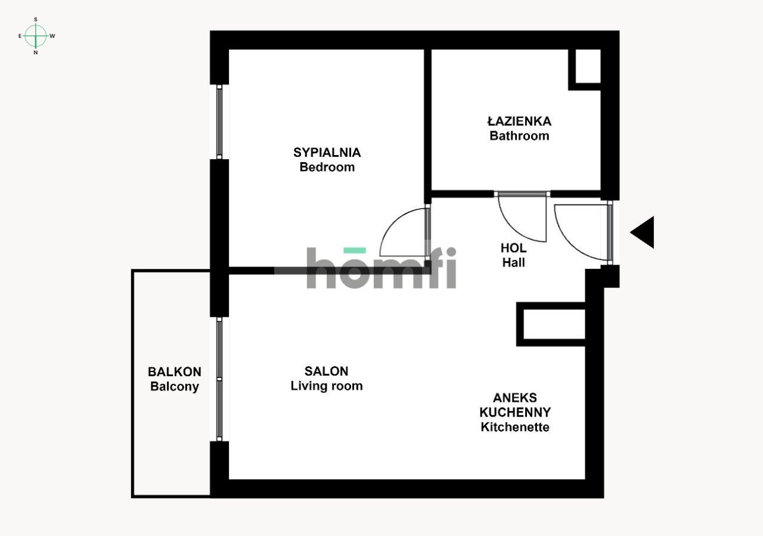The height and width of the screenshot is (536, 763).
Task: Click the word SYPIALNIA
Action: (x=327, y=153)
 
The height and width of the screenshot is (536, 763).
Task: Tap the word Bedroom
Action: (x=327, y=167)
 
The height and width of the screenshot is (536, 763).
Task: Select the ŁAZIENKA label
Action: (x=519, y=121)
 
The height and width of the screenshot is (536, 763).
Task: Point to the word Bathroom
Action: (x=519, y=136)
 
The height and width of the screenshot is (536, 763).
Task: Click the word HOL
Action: (x=513, y=248)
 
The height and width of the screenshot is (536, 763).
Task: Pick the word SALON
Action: (x=326, y=371)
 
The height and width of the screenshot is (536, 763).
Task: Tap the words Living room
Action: (x=326, y=386)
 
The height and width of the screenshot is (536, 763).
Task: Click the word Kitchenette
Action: (x=515, y=427)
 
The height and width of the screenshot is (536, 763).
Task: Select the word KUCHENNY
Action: (x=515, y=412)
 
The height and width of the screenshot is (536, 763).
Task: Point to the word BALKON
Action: (x=175, y=371)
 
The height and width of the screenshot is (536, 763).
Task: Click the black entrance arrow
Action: (x=643, y=233)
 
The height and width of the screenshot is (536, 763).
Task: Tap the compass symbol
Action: (x=36, y=36)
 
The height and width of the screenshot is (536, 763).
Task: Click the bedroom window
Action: (x=219, y=122)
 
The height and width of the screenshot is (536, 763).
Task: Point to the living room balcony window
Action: (x=219, y=379)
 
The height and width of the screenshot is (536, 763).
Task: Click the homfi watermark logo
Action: (x=381, y=268)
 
